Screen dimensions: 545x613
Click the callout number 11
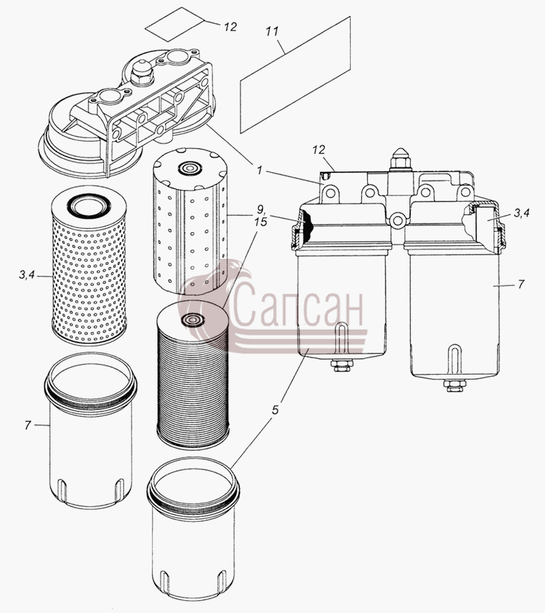click(272, 31)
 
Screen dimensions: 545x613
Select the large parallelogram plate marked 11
click(295, 74)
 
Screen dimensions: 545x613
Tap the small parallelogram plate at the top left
click(174, 24)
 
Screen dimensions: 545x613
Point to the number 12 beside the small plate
click(230, 27)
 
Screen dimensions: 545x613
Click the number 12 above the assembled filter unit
click(319, 150)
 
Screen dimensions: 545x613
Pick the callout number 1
click(259, 170)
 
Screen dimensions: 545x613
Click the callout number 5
click(275, 410)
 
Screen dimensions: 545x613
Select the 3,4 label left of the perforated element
click(27, 275)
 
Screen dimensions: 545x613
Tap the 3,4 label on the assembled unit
click(522, 213)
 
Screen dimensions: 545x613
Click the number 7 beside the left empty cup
click(27, 425)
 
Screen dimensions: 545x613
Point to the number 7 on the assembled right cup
click(520, 284)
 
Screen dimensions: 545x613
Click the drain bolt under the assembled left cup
click(342, 366)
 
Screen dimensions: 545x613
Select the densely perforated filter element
click(89, 266)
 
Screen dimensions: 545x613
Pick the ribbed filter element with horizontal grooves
click(192, 375)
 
